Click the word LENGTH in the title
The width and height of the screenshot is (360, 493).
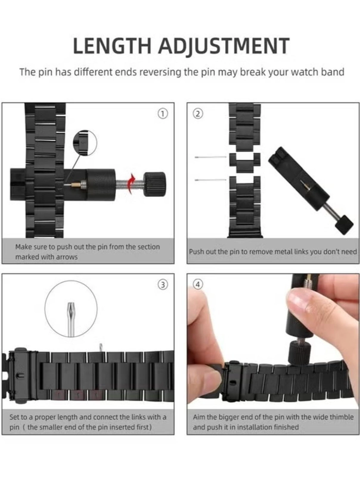[112, 46]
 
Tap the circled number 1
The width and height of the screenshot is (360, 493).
[163, 113]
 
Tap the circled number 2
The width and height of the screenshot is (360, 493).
[198, 114]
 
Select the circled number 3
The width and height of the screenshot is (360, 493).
[163, 284]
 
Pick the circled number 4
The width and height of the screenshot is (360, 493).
[198, 284]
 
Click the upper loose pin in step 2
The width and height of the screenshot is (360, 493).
[210, 157]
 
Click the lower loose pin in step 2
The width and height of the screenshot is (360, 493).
[210, 180]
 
